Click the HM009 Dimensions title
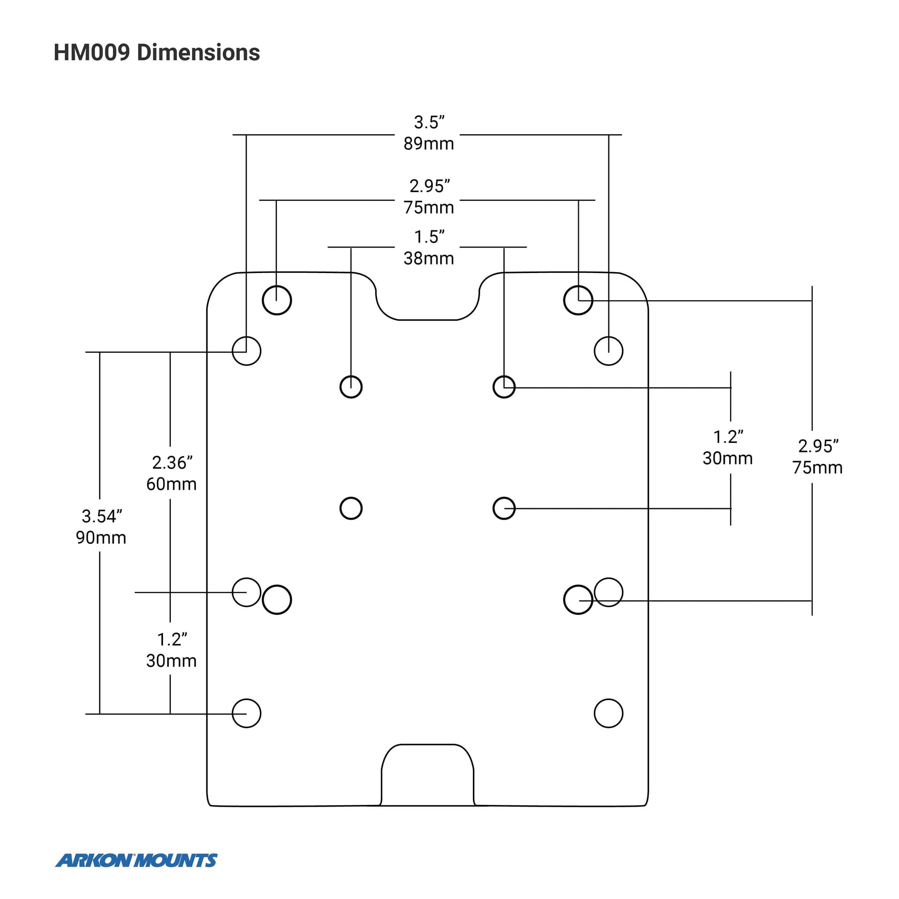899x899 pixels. click(x=157, y=52)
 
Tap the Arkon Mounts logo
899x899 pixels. click(x=136, y=860)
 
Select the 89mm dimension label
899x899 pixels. click(x=429, y=144)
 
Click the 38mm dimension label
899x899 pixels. click(x=429, y=258)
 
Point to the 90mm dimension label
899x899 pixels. click(x=101, y=538)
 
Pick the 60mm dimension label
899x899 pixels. click(x=171, y=484)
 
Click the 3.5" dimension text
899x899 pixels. click(x=429, y=122)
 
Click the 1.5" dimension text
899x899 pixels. click(x=429, y=237)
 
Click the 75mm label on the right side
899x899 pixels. click(x=818, y=468)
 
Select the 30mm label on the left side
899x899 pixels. click(x=171, y=661)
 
